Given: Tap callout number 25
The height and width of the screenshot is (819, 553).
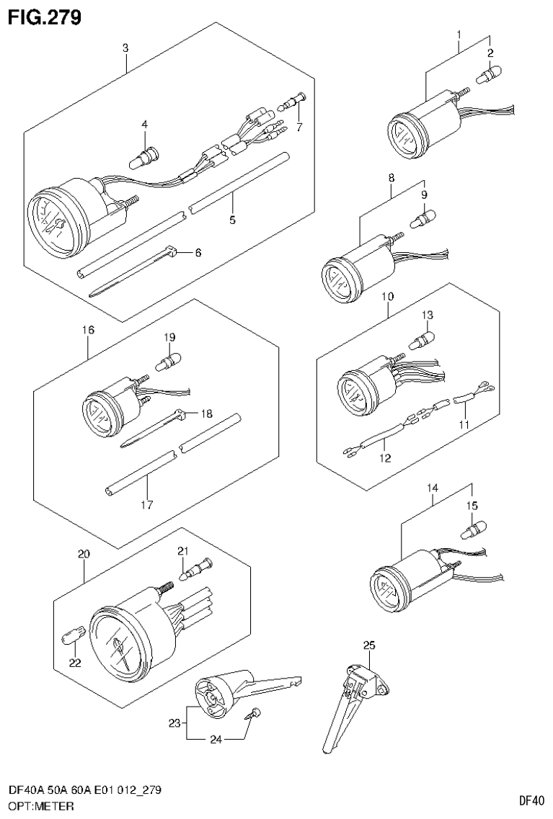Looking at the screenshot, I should click(369, 645).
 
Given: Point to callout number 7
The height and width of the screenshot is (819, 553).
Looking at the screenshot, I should click(299, 127).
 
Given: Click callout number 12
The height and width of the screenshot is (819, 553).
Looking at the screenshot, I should click(386, 458).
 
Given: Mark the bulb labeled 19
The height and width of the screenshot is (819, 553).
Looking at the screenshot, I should click(168, 361).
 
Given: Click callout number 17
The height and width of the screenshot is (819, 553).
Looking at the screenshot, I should click(146, 504).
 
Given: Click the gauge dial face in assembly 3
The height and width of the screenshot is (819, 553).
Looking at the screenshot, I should click(53, 222).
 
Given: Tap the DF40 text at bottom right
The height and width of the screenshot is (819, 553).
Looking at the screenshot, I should click(532, 800).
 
